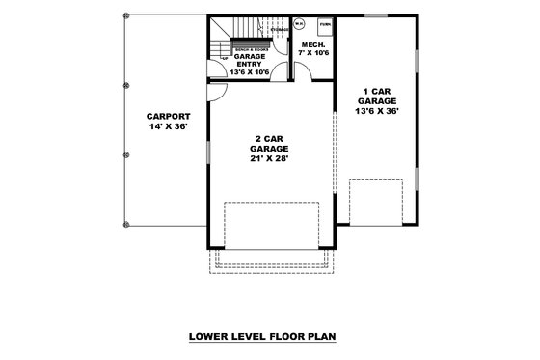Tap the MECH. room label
pos(311,44)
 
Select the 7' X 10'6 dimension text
pos(311,53)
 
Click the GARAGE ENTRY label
pos(249,60)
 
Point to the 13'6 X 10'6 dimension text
pos(249,72)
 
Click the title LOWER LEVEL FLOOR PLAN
pos(269,338)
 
